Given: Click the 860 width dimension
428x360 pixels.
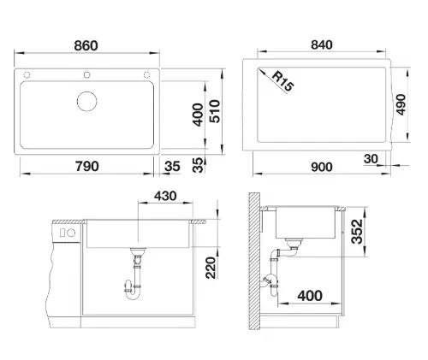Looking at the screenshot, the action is [x=86, y=45].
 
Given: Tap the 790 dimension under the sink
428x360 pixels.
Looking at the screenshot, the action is [x=87, y=166].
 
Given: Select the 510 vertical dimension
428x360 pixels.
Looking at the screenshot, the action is [x=215, y=111].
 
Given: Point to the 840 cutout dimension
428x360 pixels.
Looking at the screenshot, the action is [x=322, y=44].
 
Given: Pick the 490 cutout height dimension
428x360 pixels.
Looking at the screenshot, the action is [x=401, y=104].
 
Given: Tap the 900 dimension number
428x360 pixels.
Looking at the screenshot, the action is [x=322, y=167].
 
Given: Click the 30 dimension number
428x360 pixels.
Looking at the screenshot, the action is [x=371, y=159].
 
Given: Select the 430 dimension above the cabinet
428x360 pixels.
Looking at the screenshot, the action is [x=165, y=196].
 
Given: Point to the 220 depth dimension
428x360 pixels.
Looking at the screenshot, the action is [x=211, y=268].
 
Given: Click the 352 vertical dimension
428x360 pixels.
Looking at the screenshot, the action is [x=357, y=232].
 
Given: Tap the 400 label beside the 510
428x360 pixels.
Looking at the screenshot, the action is [x=198, y=115].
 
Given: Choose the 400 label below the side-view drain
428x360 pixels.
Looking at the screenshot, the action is [x=310, y=296].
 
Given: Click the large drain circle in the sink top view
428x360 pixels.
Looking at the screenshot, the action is [x=86, y=101].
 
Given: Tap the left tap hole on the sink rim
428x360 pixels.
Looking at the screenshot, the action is [x=27, y=75].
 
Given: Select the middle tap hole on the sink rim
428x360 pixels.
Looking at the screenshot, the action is [x=86, y=75].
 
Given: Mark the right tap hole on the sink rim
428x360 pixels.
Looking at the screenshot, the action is [x=146, y=75].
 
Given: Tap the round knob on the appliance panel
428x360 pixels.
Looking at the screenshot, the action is [x=71, y=233].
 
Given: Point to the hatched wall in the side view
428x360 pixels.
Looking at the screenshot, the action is [x=254, y=261].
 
